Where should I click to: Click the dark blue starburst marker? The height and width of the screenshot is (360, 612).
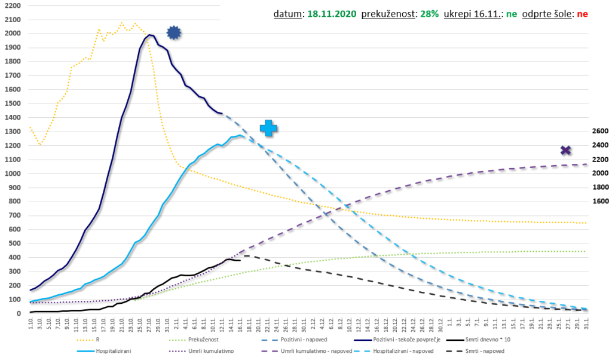[x=173, y=33]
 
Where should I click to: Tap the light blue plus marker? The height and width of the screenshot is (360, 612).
[x=268, y=127]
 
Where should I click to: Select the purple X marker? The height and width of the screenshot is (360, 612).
[x=565, y=150]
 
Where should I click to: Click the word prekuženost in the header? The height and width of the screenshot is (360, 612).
[x=388, y=13]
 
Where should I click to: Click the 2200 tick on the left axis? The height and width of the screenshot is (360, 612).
[x=13, y=5]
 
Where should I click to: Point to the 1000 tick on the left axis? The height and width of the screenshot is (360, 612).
[x=13, y=173]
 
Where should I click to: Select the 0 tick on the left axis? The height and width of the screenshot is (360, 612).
[x=19, y=313]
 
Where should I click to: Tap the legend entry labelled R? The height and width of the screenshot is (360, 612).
[x=97, y=340]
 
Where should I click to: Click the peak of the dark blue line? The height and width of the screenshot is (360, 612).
[x=150, y=35]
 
